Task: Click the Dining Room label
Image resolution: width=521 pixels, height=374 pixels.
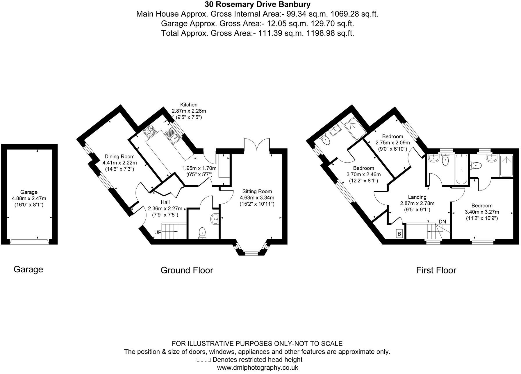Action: click(119, 157)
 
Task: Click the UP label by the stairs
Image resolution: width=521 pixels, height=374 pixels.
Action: click(158, 233)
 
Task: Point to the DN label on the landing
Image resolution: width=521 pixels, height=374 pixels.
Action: click(442, 222)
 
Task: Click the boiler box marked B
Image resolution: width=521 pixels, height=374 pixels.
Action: click(399, 234)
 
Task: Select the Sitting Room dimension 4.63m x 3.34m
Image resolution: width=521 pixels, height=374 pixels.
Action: click(257, 198)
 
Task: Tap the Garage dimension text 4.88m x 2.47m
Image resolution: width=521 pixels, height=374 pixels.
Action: click(29, 199)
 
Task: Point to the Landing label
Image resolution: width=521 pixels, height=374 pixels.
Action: click(417, 197)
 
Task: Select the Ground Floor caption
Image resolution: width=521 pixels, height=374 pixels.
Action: click(187, 270)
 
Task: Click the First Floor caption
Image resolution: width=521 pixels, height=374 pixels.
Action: click(436, 270)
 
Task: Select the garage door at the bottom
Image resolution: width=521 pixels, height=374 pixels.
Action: click(29, 242)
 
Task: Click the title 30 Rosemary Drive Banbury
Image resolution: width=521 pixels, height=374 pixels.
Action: click(257, 5)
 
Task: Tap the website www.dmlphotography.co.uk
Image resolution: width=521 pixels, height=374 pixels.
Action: click(257, 368)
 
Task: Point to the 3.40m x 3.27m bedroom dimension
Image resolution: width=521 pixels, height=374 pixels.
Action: click(482, 212)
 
